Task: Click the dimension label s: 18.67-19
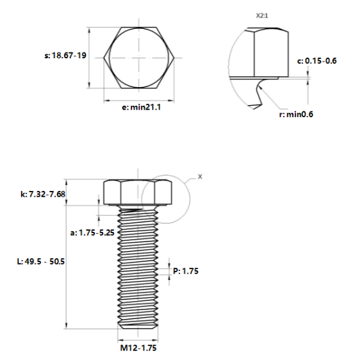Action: click(65, 56)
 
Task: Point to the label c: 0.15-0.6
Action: click(317, 61)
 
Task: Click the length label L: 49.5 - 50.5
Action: click(41, 261)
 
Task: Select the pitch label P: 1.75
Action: click(186, 271)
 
